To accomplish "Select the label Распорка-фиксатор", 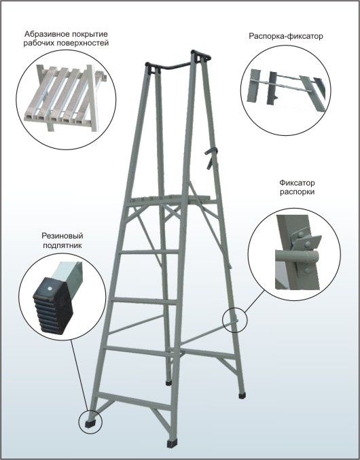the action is click(x=286, y=36).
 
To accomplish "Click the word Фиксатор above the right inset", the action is click(x=297, y=183).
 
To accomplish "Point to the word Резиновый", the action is click(x=62, y=236).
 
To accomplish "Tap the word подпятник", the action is click(x=62, y=245).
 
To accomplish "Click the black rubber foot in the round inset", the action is click(x=53, y=306).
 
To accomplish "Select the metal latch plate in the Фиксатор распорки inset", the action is click(x=304, y=252).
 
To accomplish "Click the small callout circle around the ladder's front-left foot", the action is click(x=90, y=422).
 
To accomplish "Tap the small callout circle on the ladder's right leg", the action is click(x=234, y=320).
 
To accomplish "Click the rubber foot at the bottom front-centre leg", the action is click(x=172, y=444).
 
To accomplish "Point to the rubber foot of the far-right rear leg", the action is click(x=242, y=395).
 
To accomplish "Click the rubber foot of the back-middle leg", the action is click(x=168, y=383).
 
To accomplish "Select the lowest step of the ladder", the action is click(x=134, y=401).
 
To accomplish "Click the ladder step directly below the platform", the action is click(x=149, y=251).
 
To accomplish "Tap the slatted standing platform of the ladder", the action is click(x=171, y=200).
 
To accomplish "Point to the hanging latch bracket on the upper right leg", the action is click(x=211, y=158).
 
